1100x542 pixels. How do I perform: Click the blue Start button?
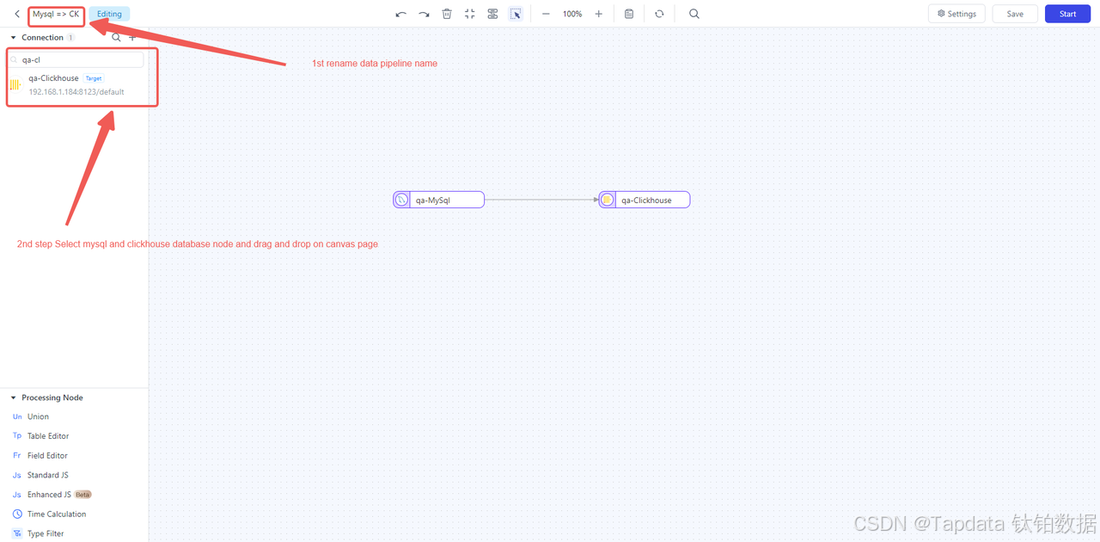[x=1067, y=14]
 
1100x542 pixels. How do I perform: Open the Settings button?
[x=956, y=14]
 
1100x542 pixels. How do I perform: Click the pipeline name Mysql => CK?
[x=56, y=14]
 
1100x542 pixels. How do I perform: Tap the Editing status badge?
[x=109, y=14]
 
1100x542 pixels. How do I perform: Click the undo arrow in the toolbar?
[x=400, y=15]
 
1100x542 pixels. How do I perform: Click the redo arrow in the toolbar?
[x=424, y=15]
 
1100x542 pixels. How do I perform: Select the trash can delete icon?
[x=447, y=14]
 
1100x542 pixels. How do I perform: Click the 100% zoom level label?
[x=572, y=14]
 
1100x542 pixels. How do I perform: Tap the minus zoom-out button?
[x=546, y=14]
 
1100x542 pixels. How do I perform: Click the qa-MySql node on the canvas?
[x=438, y=200]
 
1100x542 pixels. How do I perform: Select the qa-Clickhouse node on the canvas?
[x=645, y=200]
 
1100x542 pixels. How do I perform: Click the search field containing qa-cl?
[x=76, y=59]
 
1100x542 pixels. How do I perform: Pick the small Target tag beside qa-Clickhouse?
[x=94, y=78]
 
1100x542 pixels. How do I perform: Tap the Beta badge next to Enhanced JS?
[x=82, y=495]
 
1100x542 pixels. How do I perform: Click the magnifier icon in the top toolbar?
[x=694, y=14]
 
